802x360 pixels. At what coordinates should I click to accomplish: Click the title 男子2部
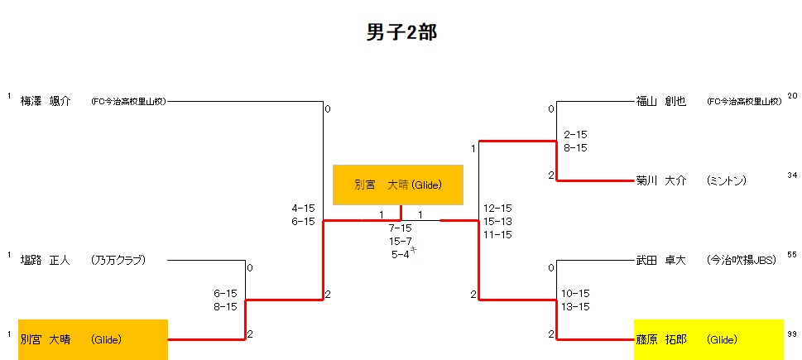[401, 32]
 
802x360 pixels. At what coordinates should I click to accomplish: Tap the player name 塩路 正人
[46, 260]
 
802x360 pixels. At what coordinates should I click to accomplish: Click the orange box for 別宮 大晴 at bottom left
[93, 339]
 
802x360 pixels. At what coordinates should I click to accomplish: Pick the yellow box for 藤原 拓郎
[708, 339]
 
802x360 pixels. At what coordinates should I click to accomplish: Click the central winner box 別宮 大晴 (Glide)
[397, 185]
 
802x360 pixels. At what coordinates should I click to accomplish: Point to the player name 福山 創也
[661, 102]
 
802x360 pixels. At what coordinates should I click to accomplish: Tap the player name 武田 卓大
[661, 260]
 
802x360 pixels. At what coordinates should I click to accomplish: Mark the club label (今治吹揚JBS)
[741, 260]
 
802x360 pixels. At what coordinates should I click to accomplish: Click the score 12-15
[497, 208]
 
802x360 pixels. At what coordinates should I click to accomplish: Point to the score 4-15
[303, 208]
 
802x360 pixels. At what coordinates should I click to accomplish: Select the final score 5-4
[401, 254]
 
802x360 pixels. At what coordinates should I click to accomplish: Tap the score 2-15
[575, 134]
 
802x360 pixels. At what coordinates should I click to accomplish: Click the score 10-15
[575, 293]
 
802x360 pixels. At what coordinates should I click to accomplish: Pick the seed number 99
[792, 334]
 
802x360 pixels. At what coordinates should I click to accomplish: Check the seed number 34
[792, 175]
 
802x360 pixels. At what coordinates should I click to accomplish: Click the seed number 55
[792, 255]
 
